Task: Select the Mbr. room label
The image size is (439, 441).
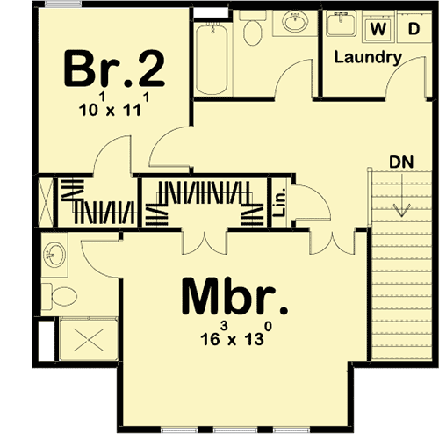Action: [234, 299]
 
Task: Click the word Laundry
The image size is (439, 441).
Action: [369, 58]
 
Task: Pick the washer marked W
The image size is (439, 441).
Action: [379, 29]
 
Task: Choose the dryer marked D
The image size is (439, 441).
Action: [412, 29]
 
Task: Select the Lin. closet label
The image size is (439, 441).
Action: [280, 204]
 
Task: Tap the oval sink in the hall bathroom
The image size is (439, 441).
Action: [293, 25]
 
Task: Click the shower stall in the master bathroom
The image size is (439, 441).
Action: [82, 339]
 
